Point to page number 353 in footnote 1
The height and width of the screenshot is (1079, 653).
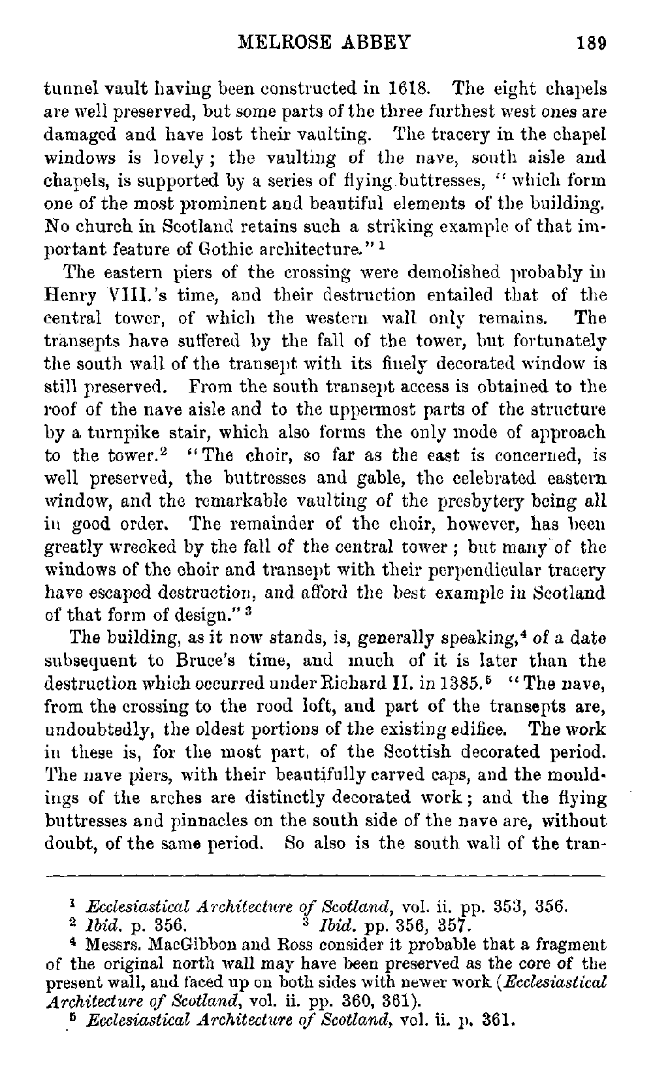pos(513,907)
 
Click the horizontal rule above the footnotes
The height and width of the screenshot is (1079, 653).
pos(325,874)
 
